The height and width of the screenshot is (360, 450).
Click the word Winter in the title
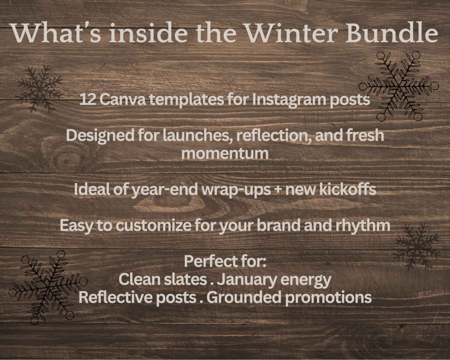[x=292, y=33]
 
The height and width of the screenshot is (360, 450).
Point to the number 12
[x=88, y=99]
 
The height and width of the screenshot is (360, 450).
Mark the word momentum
[x=225, y=154]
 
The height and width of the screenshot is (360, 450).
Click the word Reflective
[x=116, y=297]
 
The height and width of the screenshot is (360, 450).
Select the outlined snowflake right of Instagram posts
[x=399, y=86]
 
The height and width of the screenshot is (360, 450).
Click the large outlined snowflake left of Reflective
[x=48, y=287]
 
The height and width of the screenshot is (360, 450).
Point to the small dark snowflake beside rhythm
[x=417, y=247]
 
